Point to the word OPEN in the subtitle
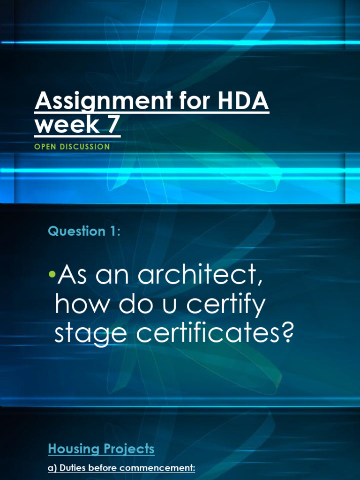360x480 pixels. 44,147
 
